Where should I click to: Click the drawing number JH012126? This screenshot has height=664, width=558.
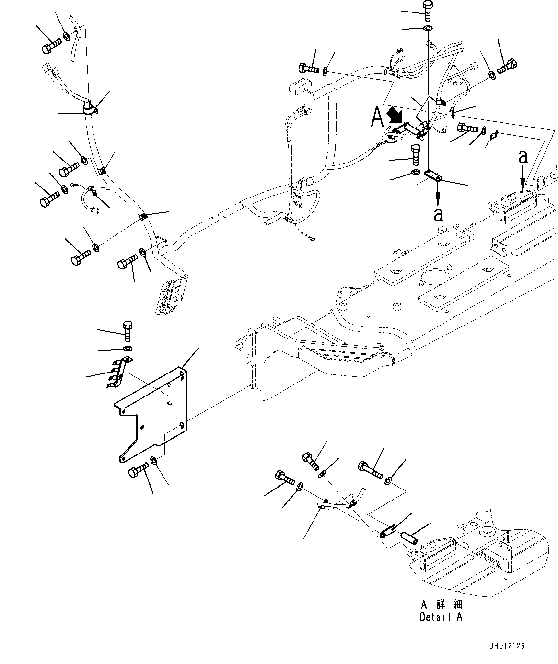click(507, 646)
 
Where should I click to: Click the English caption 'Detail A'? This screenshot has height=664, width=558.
click(441, 617)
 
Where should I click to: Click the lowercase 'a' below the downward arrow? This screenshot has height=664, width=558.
click(438, 214)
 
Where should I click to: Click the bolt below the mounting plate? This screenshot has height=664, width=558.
click(137, 470)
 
